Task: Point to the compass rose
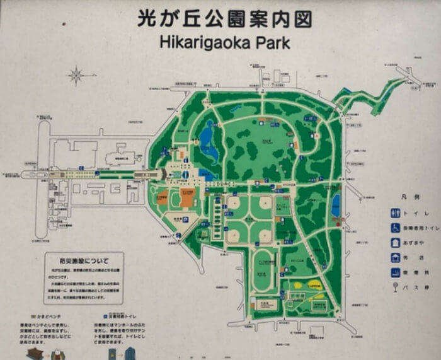tap(77, 76)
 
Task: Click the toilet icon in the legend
tap(395, 213)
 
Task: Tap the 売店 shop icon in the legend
tap(395, 258)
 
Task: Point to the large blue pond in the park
tap(207, 136)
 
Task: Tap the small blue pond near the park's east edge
tap(336, 203)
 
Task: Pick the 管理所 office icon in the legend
tap(395, 273)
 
